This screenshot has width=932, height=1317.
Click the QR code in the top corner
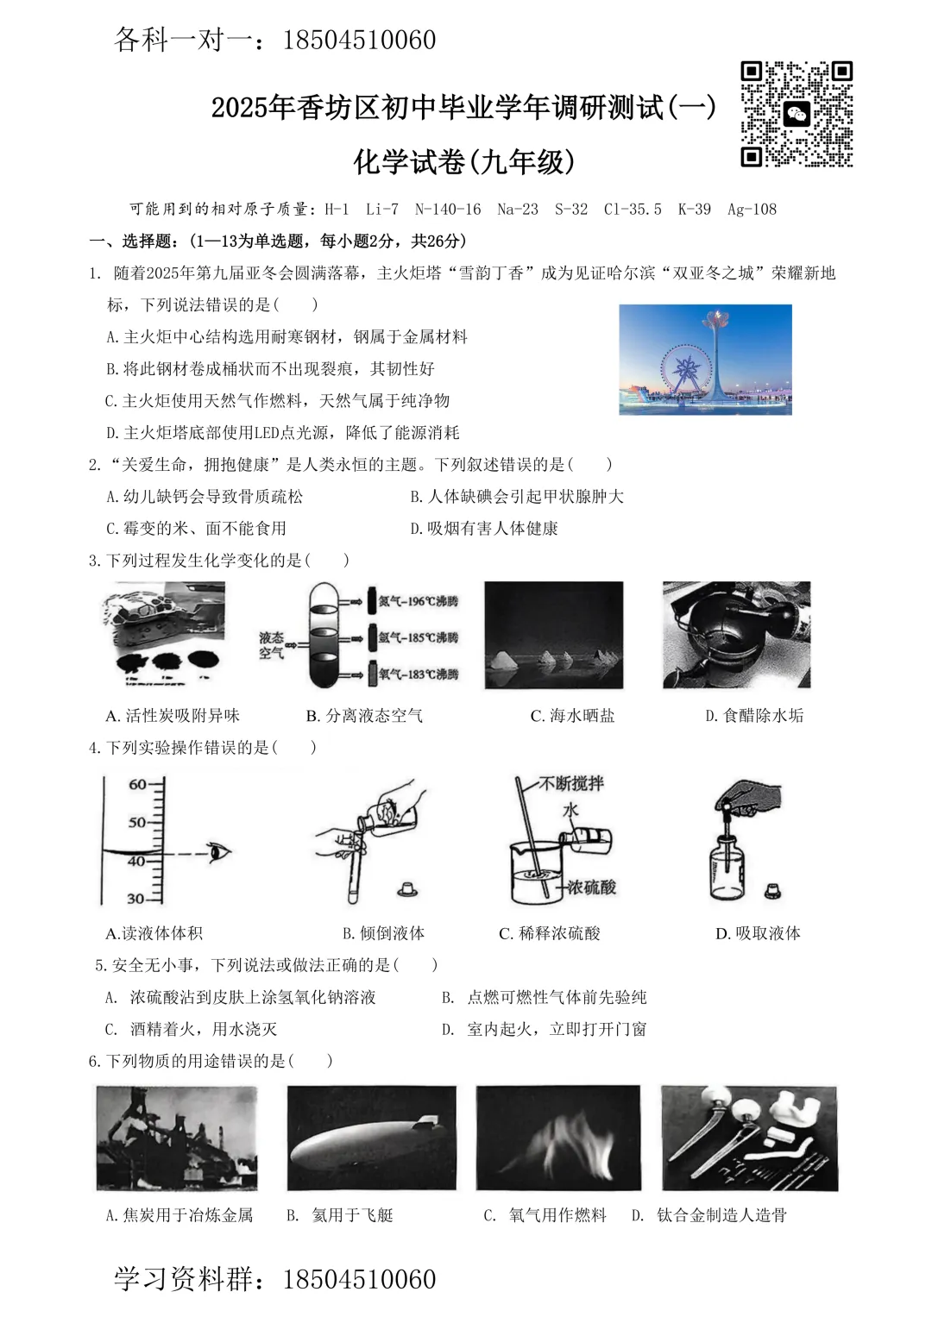coord(797,114)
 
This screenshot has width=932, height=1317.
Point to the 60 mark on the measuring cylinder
coord(138,784)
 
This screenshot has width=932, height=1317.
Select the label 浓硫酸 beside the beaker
coord(591,887)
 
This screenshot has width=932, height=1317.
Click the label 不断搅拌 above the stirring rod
coord(571,783)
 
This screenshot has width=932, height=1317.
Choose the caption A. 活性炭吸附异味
coord(173,716)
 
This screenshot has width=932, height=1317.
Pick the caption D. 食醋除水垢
coord(754,716)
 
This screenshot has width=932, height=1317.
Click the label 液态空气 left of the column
coord(271,645)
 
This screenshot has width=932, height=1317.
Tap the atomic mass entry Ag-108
coord(752,209)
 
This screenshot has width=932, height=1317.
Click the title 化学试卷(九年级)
coord(464,161)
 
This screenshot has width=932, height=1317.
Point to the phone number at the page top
coord(359,40)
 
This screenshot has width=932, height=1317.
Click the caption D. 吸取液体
coord(758,933)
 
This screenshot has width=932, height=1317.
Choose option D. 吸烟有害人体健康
coord(484,528)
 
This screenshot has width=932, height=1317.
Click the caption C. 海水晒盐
coord(572,716)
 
